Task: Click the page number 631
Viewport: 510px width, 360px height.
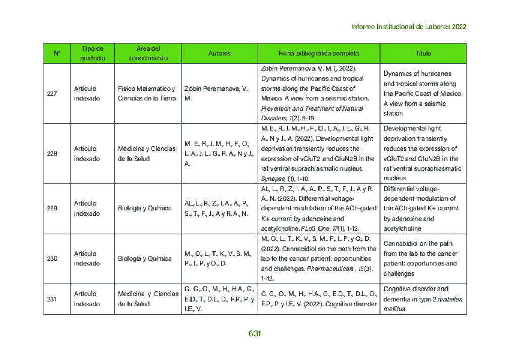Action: (254, 333)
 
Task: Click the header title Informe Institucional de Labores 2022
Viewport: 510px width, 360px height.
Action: (408, 27)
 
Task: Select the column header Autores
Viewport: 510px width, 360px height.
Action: (219, 53)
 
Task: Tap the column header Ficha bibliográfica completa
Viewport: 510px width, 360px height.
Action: (319, 53)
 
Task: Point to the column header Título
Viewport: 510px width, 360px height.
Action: (423, 53)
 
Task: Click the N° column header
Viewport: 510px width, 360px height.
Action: (57, 53)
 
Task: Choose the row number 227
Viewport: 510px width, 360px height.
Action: (52, 93)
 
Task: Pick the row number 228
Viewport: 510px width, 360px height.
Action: (52, 154)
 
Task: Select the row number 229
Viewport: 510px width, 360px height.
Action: (52, 208)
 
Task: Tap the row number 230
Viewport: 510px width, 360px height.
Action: (52, 258)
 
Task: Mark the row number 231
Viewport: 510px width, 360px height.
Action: (52, 299)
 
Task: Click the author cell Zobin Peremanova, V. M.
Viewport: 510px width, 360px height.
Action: (216, 93)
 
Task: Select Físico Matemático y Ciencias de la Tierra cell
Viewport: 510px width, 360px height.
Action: (147, 93)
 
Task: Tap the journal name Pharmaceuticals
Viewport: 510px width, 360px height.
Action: (331, 268)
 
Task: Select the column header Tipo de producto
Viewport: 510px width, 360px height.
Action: (93, 53)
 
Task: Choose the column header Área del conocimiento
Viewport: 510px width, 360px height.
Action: (148, 53)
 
